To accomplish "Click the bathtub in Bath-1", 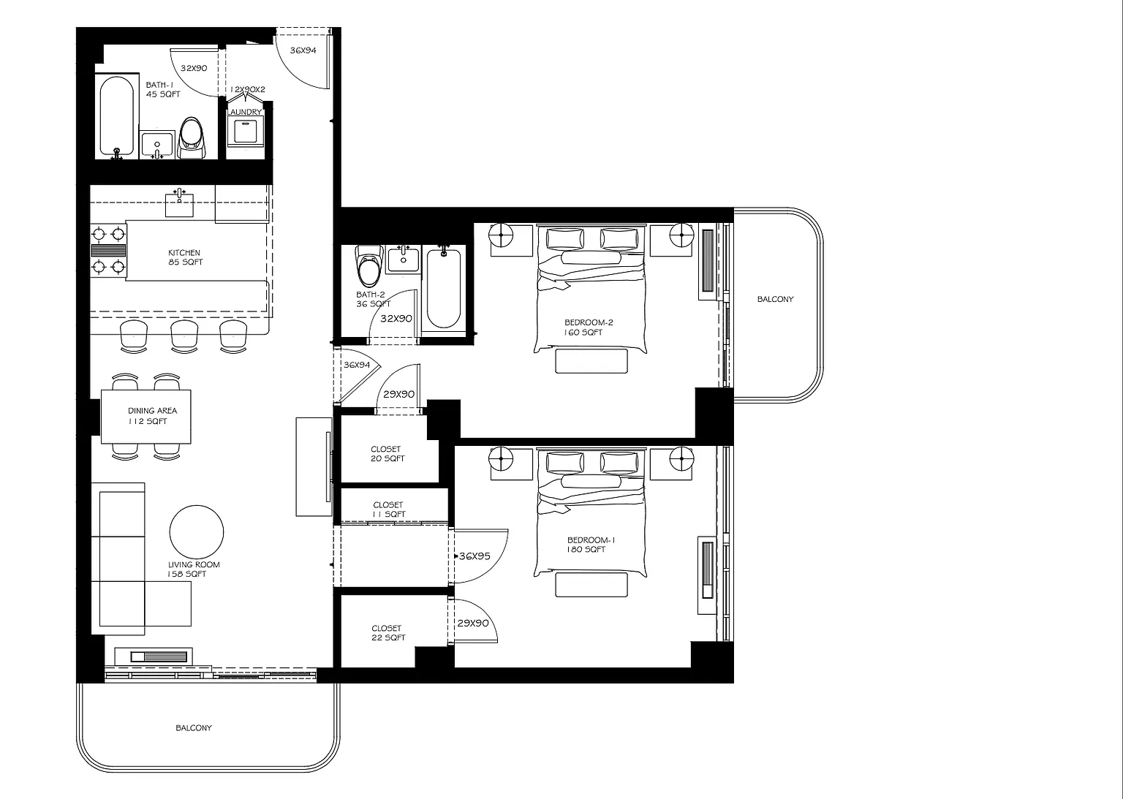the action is click(x=116, y=116).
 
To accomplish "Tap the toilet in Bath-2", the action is click(x=368, y=265).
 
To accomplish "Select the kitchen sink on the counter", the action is click(x=179, y=203).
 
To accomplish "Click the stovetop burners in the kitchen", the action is click(x=108, y=250).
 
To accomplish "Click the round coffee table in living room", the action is click(x=197, y=532).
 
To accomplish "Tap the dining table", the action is click(x=146, y=417).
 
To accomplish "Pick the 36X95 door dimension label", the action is click(x=474, y=556).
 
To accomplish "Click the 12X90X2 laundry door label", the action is click(x=248, y=89).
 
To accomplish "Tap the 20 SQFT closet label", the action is click(x=387, y=454).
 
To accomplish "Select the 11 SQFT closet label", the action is click(x=388, y=510).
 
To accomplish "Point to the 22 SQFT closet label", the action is click(x=388, y=632).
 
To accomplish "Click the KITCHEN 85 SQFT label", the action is click(x=185, y=257).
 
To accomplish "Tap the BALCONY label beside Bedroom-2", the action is click(x=775, y=299).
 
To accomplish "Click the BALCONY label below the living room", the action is click(x=194, y=728).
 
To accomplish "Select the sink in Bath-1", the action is click(x=157, y=144).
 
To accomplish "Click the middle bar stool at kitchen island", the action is click(x=184, y=336).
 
